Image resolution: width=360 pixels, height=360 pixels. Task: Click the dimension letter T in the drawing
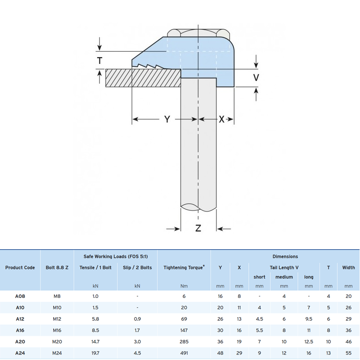click(x=99, y=61)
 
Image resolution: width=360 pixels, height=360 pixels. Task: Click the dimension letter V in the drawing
click(x=256, y=77)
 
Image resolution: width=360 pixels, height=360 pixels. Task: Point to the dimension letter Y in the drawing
click(x=167, y=119)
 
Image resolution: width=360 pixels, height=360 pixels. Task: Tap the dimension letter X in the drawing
click(x=221, y=119)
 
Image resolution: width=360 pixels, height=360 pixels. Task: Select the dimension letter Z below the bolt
click(x=198, y=228)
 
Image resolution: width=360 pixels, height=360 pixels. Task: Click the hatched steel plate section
click(x=143, y=78)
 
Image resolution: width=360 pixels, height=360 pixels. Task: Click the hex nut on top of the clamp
click(x=198, y=33)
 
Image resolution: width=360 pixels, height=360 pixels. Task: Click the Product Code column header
click(x=20, y=267)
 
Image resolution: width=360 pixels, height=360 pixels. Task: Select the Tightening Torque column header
click(x=184, y=267)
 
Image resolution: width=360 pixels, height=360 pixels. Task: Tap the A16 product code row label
click(x=20, y=330)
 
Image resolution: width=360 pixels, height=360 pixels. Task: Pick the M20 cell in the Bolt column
click(x=57, y=342)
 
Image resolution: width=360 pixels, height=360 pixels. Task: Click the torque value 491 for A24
click(x=184, y=353)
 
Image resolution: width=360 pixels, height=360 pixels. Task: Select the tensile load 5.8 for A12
click(x=95, y=319)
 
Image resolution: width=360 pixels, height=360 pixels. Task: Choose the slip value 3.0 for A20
click(x=137, y=342)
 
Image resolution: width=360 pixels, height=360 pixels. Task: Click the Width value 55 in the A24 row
click(x=348, y=353)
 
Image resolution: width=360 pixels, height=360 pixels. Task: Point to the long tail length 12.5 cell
click(x=309, y=342)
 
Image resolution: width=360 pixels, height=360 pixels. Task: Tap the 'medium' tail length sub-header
click(x=284, y=277)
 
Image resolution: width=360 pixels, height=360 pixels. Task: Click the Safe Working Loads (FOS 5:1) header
click(x=116, y=256)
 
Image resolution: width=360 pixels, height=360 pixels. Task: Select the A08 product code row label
click(x=20, y=296)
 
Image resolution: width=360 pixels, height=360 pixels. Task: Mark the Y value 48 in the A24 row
click(x=220, y=353)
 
